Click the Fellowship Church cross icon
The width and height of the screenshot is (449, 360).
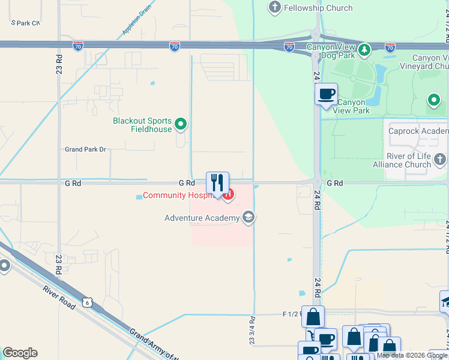click(x=275, y=7)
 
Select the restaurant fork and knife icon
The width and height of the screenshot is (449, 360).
click(x=218, y=182)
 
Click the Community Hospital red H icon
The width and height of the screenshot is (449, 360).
click(x=228, y=194)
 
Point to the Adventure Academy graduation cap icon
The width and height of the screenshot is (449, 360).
click(x=248, y=217)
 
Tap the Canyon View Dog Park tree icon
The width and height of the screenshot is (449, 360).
click(x=364, y=47)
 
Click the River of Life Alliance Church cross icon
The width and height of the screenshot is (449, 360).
click(x=440, y=159)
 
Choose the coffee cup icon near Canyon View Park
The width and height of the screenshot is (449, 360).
click(x=326, y=94)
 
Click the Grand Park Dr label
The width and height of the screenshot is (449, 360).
click(x=85, y=149)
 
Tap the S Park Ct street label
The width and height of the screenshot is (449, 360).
click(x=25, y=22)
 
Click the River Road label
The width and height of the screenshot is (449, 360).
click(x=58, y=297)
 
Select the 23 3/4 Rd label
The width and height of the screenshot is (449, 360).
click(x=253, y=330)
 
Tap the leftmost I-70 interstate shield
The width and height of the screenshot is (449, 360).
click(x=78, y=45)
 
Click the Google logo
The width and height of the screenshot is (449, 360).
click(x=20, y=353)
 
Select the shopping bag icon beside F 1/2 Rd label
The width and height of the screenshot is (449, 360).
click(x=313, y=316)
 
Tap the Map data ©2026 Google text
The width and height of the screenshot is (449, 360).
click(x=412, y=355)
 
